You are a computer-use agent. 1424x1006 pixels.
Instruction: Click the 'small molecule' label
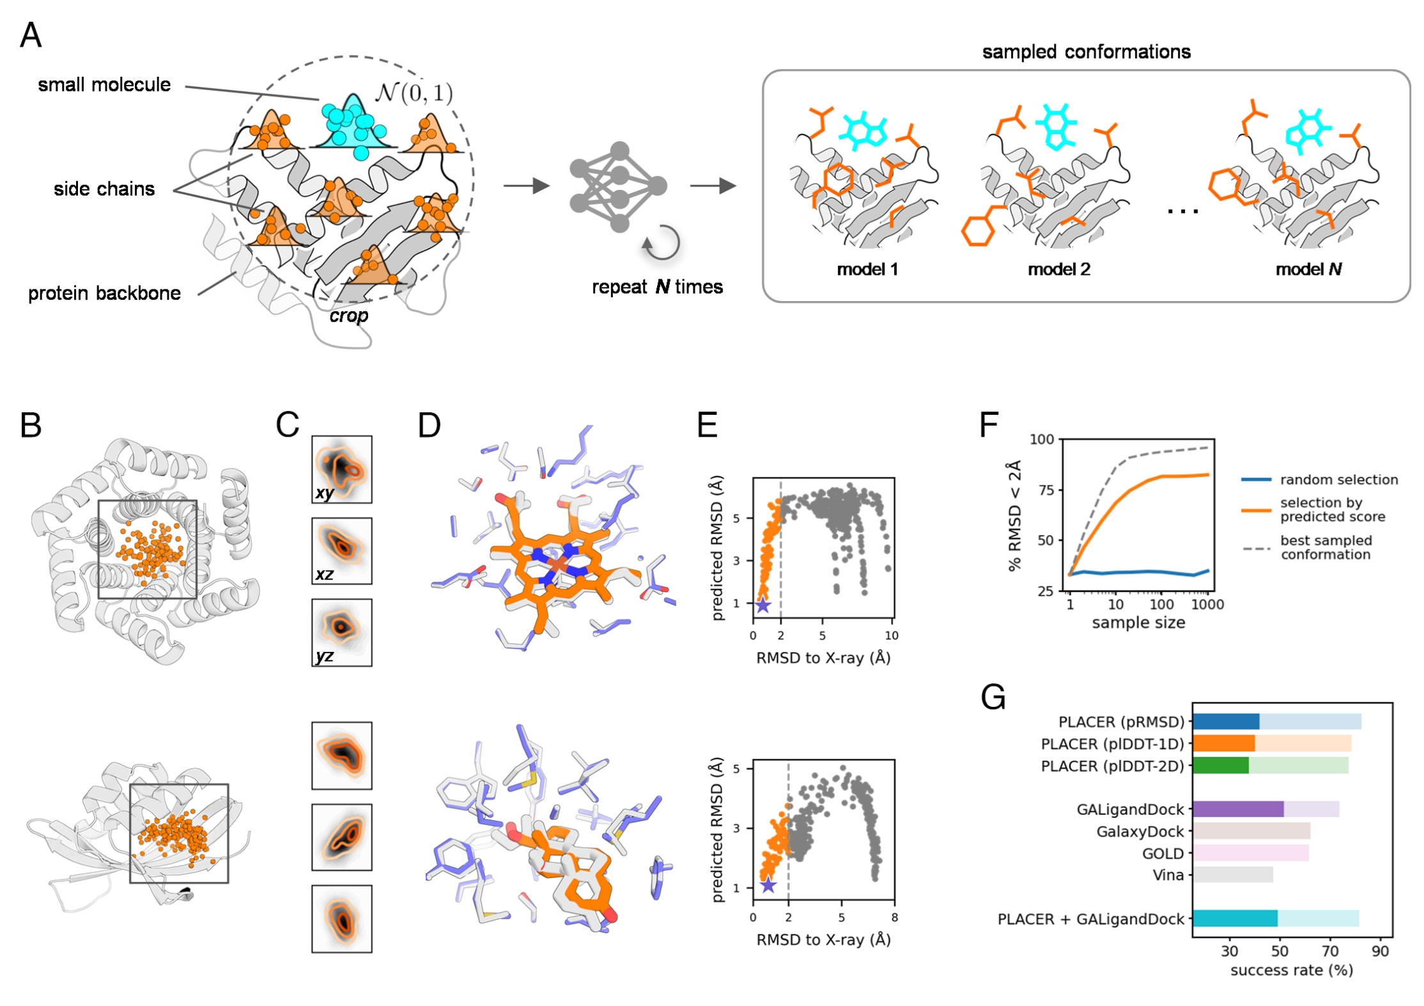pyautogui.click(x=104, y=84)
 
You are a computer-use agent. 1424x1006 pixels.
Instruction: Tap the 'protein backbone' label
pyautogui.click(x=104, y=293)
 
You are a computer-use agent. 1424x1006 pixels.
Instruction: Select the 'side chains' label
pyautogui.click(x=104, y=189)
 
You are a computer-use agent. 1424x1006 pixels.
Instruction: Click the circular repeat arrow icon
pyautogui.click(x=662, y=244)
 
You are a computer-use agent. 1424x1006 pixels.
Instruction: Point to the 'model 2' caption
pyautogui.click(x=1058, y=269)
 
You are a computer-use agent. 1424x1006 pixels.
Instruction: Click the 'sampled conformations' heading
pyautogui.click(x=1086, y=52)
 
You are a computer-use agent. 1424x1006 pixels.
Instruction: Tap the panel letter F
pyautogui.click(x=988, y=424)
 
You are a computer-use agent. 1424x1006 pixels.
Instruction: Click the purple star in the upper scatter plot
pyautogui.click(x=762, y=605)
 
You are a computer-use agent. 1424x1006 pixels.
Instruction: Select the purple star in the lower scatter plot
pyautogui.click(x=768, y=885)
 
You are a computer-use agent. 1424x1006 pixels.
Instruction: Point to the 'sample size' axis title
pyautogui.click(x=1138, y=623)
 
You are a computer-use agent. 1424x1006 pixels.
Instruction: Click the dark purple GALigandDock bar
pyautogui.click(x=1237, y=809)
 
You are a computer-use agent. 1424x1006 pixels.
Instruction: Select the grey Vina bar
pyautogui.click(x=1232, y=875)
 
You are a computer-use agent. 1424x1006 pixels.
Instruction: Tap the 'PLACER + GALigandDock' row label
pyautogui.click(x=1090, y=919)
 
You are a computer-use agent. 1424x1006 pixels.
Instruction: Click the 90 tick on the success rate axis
pyautogui.click(x=1380, y=951)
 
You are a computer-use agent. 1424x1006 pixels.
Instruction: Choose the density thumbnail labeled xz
pyautogui.click(x=341, y=551)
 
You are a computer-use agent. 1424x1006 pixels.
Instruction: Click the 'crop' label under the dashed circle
pyautogui.click(x=349, y=316)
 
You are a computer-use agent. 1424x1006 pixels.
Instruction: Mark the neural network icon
pyautogui.click(x=618, y=187)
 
